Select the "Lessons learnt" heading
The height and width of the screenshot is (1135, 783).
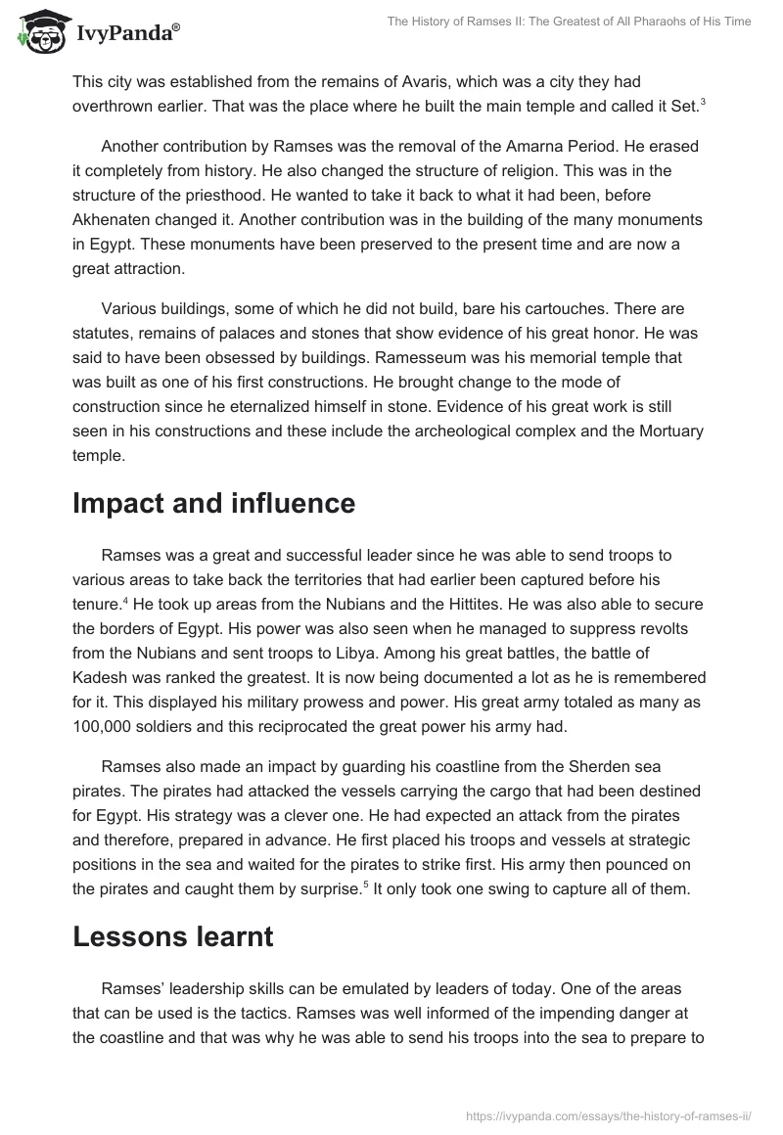coord(172,936)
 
